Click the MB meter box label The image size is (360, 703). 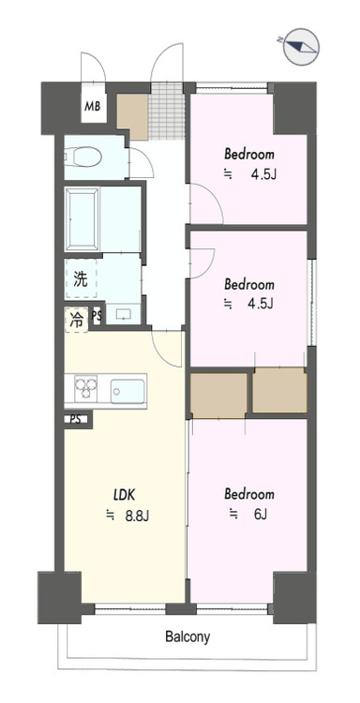click(x=93, y=107)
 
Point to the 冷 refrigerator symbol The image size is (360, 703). click(x=75, y=319)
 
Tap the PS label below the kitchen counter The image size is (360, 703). click(x=74, y=419)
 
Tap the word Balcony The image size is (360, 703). click(x=187, y=636)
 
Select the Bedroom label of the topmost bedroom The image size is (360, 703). click(x=248, y=153)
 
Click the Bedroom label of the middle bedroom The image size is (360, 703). click(x=248, y=284)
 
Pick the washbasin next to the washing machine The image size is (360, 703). click(x=119, y=312)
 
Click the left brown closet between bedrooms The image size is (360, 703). click(x=217, y=393)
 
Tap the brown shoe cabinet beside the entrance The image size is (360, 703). click(x=132, y=113)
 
